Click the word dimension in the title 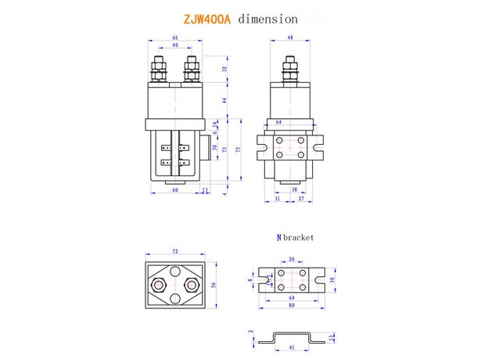pyautogui.click(x=267, y=16)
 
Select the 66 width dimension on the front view pyautogui.click(x=175, y=38)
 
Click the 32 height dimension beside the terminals pyautogui.click(x=223, y=69)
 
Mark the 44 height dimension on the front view pyautogui.click(x=223, y=100)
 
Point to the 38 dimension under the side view pyautogui.click(x=294, y=190)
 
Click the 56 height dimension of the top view pyautogui.click(x=214, y=285)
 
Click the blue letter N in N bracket pyautogui.click(x=278, y=237)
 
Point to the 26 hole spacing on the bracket pyautogui.click(x=292, y=259)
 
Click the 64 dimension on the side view pyautogui.click(x=278, y=122)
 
